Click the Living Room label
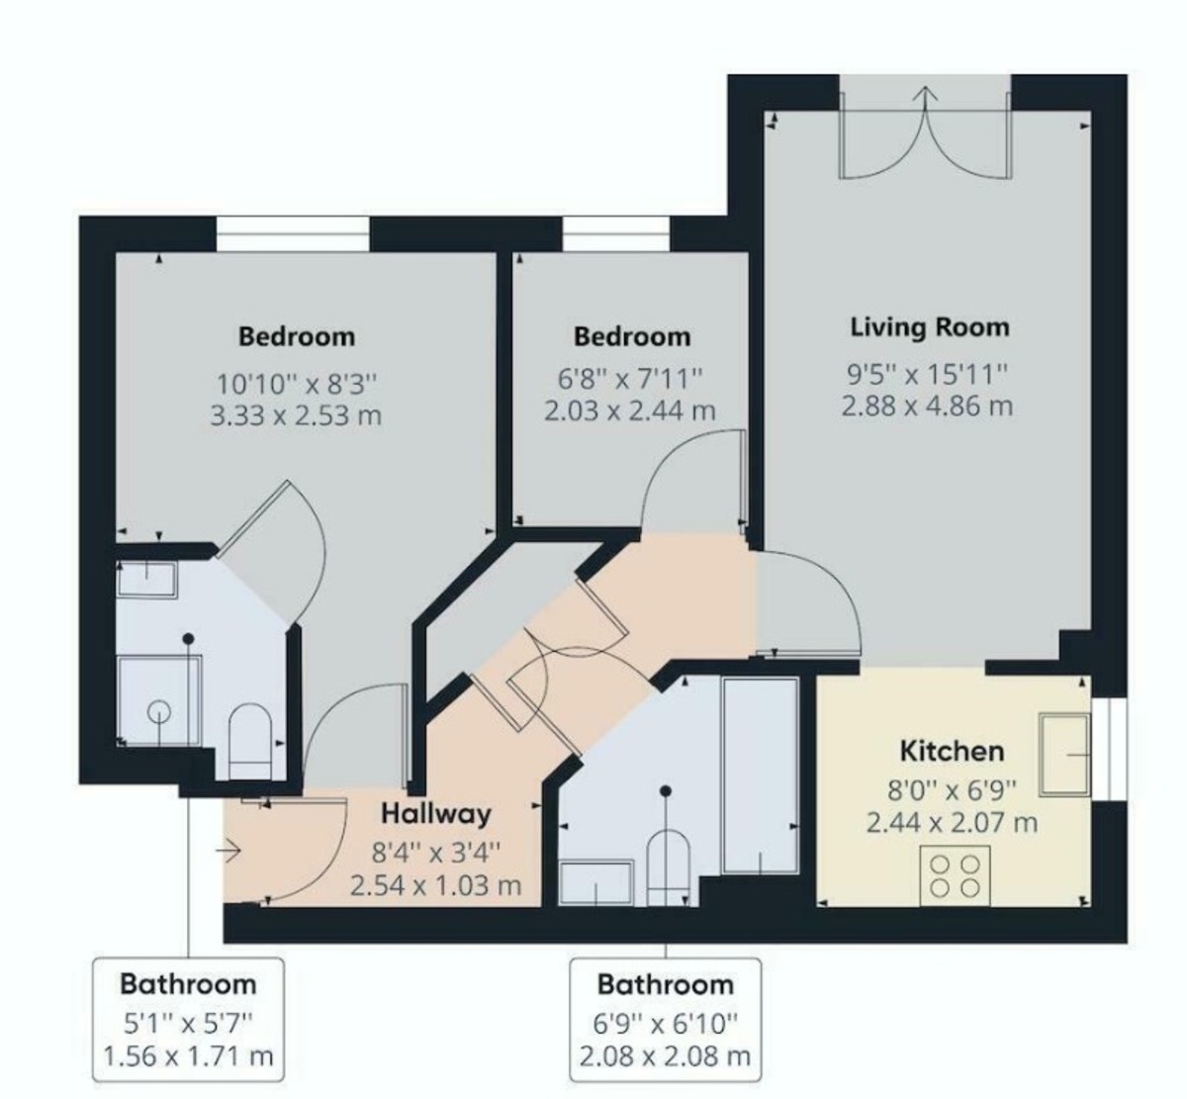pos(930,326)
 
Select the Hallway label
pos(436,813)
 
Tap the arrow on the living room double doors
pos(926,97)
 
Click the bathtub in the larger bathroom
pos(760,775)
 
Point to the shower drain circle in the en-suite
pos(158,710)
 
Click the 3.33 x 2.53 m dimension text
pos(296,414)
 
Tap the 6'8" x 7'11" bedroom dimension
pos(631,377)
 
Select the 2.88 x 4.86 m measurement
pos(927,406)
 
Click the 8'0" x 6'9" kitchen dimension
pos(952,788)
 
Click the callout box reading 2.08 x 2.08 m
pos(665,1056)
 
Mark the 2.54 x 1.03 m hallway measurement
pos(435,884)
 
